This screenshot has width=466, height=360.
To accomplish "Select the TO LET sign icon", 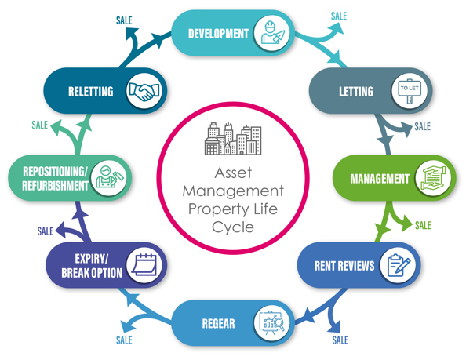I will point(410,91).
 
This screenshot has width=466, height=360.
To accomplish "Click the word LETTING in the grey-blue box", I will point(357,92).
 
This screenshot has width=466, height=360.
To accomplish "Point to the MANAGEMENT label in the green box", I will point(379,178).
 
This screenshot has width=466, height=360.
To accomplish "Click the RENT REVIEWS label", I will point(344,266).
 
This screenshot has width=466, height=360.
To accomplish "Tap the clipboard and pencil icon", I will point(396,265).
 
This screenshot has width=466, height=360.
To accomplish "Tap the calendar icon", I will point(144,265).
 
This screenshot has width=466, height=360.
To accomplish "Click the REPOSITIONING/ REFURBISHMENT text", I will point(55,178).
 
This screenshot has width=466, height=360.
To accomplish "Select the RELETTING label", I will point(90,92).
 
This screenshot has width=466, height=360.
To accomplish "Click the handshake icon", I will point(143,92).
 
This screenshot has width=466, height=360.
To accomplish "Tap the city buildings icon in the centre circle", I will point(232,139).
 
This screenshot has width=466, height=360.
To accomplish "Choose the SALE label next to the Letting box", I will point(422,126).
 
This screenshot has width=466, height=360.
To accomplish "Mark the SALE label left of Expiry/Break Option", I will point(45,231).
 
